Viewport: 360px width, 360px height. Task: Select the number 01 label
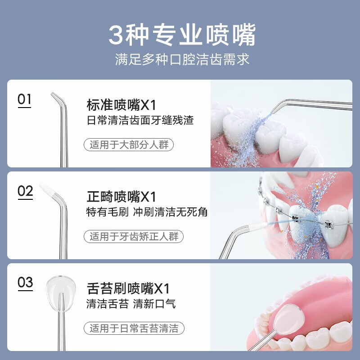tap(25, 99)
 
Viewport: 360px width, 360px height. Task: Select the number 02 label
tap(25, 191)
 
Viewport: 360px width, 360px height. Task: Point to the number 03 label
tap(25, 283)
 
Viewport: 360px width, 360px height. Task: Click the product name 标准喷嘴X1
tap(121, 106)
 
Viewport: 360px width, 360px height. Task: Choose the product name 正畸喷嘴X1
tap(121, 197)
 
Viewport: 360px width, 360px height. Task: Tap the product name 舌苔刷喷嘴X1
tap(128, 288)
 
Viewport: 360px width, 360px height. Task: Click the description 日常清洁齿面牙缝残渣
tap(140, 121)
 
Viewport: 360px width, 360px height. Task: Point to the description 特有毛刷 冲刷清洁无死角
tap(147, 212)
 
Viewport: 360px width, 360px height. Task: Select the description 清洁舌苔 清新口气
tap(131, 304)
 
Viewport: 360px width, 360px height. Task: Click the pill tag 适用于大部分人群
tap(129, 145)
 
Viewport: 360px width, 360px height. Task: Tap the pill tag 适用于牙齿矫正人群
tap(134, 236)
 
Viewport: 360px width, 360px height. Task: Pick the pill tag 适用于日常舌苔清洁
tap(134, 328)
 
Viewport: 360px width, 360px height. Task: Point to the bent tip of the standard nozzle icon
tap(57, 98)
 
